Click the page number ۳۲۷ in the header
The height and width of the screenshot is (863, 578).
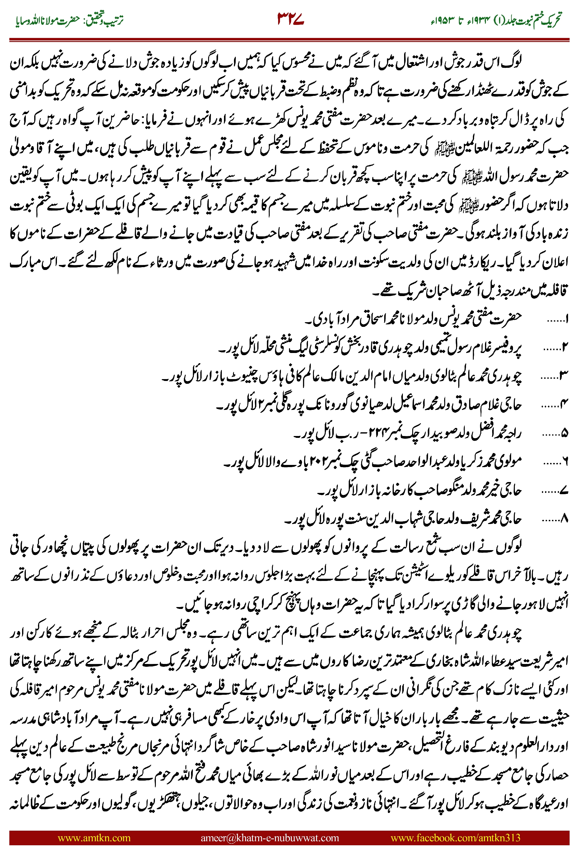(291, 19)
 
